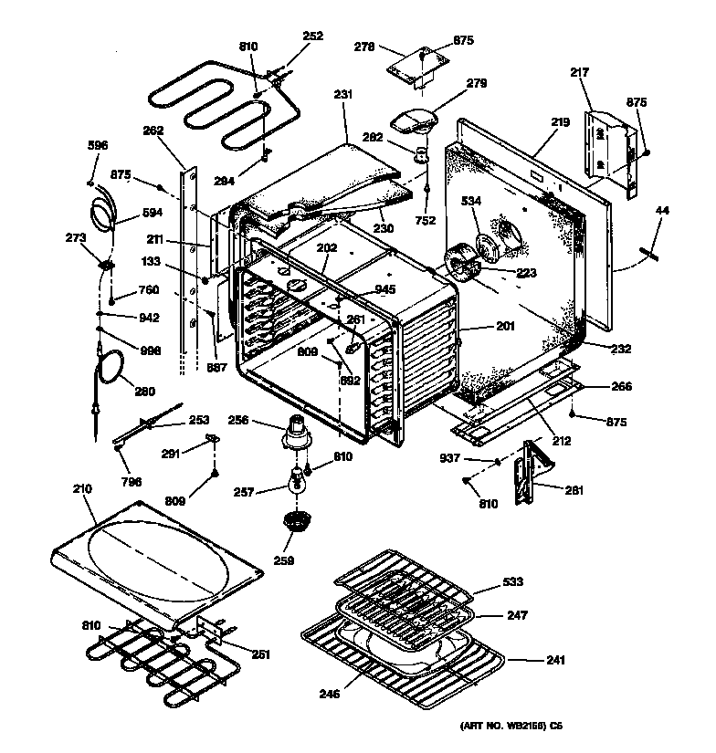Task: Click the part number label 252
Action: (313, 37)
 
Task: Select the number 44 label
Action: (662, 211)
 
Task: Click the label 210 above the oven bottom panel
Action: (82, 489)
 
